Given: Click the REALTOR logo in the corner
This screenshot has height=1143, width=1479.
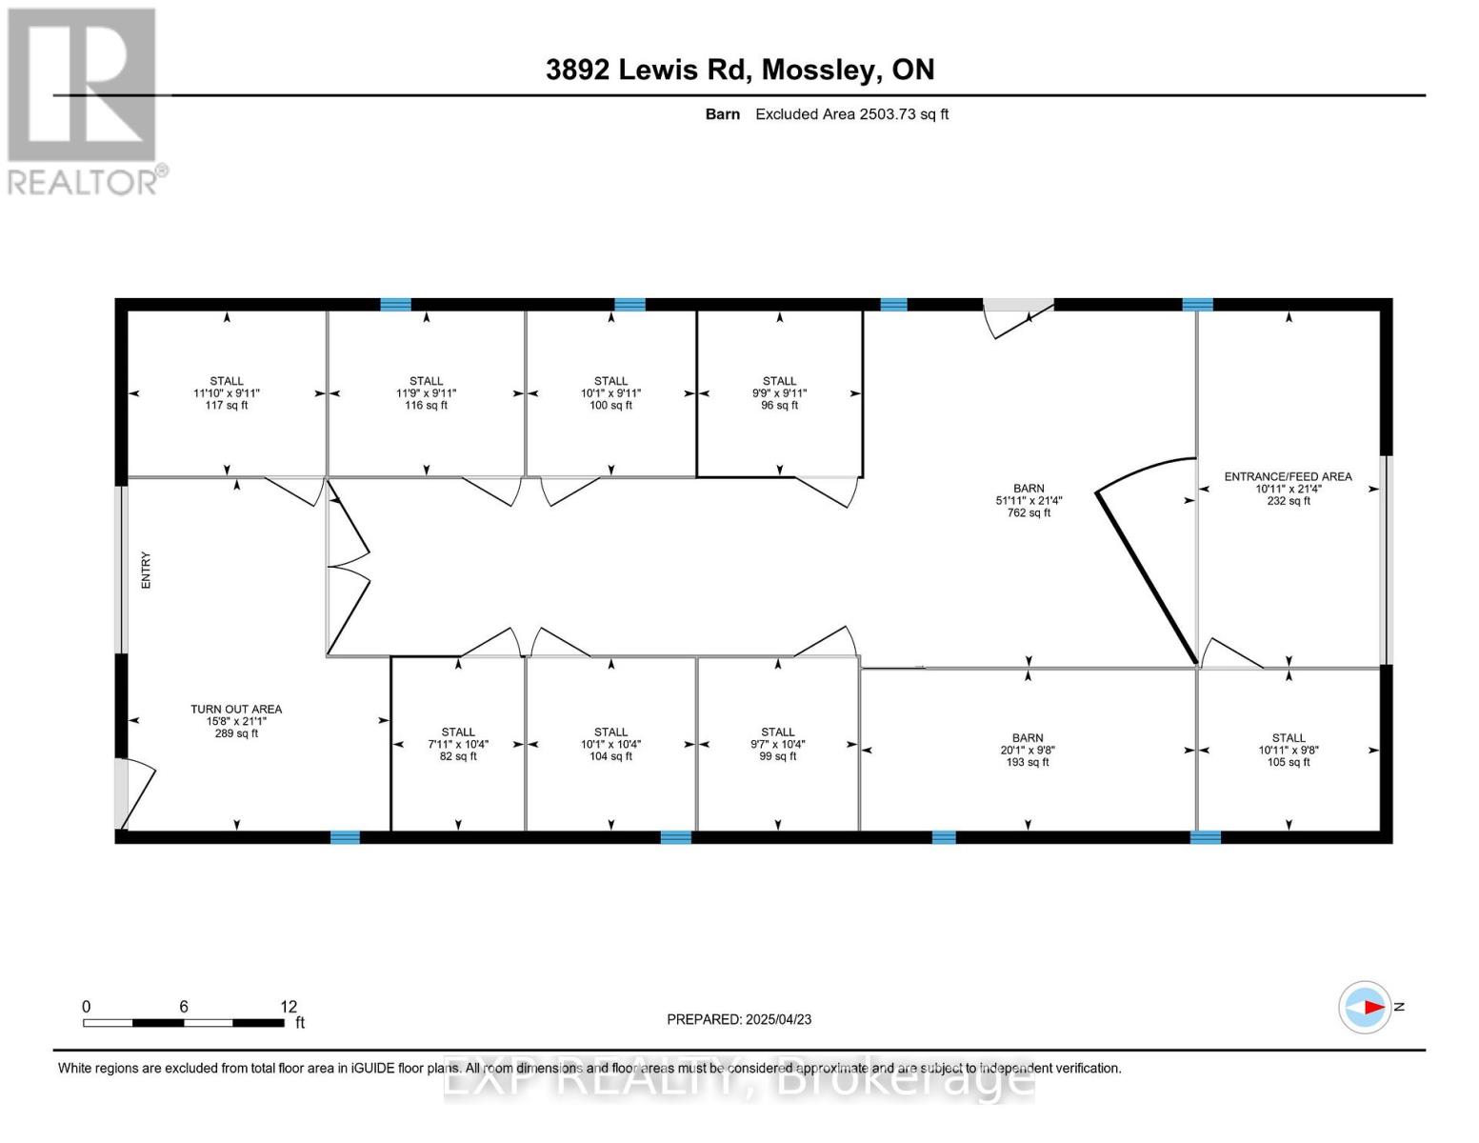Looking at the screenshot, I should coord(84,101).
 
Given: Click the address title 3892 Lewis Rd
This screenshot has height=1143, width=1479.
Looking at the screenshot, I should coord(739,70).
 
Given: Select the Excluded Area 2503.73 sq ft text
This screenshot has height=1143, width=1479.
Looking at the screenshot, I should coord(851,114).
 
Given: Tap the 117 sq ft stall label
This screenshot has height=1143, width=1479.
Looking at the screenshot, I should coord(227,393).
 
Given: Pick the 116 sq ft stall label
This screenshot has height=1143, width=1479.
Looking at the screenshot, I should coord(426,393).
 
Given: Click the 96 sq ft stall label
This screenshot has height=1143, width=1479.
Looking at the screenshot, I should coord(779,393).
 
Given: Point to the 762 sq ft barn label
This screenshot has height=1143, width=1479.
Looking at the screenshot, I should coord(1029,500).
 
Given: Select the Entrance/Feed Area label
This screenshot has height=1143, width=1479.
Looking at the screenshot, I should coord(1288,489).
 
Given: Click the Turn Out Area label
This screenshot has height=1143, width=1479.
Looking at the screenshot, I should coord(236,721).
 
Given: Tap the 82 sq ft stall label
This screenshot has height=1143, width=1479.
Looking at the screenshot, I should coord(458,744).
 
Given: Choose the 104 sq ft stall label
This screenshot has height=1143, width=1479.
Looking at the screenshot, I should coord(610,744).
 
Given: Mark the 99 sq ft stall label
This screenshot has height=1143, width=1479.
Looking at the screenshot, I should coord(778,744).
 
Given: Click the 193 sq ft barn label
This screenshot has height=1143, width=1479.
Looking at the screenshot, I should coord(1028,750).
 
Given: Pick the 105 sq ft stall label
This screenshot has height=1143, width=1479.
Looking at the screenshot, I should coord(1289,750).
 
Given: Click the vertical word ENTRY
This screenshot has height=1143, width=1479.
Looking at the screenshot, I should coord(147,570).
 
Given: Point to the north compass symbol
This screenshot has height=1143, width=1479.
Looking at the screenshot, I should coord(1366,1007).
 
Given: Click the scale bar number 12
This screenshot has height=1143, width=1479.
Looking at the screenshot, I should coord(289,1007).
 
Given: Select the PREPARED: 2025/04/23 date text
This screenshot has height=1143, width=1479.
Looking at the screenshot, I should coord(739,1019).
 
